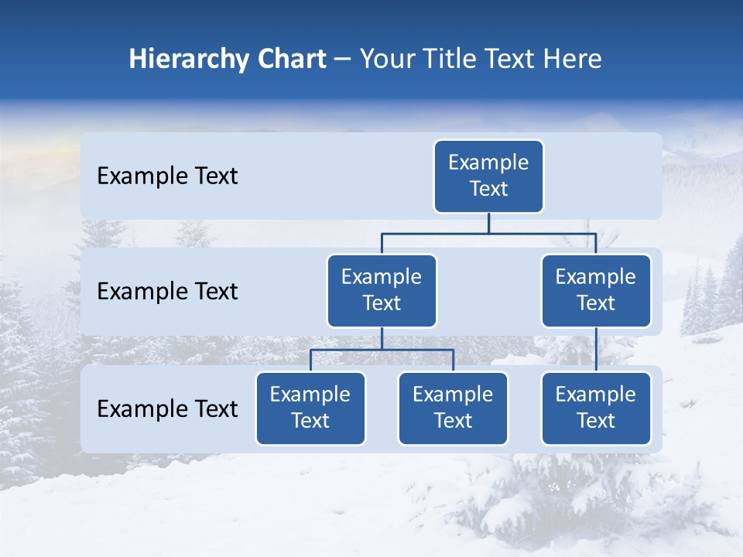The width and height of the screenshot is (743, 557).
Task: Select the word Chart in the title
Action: (x=291, y=60)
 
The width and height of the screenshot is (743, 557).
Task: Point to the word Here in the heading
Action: (x=571, y=60)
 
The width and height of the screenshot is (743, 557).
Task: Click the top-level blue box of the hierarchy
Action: (x=488, y=176)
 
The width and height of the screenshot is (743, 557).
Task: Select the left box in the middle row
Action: (x=382, y=291)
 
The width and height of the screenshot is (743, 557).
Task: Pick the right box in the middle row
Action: (x=596, y=291)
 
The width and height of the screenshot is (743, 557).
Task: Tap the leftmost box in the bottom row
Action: (x=310, y=408)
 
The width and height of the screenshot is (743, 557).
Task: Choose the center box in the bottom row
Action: (x=453, y=408)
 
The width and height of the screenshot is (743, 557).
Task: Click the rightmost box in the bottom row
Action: (x=596, y=408)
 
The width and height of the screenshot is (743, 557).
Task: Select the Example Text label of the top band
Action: (x=167, y=176)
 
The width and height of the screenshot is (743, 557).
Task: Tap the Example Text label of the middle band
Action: (x=167, y=292)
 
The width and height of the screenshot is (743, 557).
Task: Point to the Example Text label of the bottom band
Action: (x=167, y=409)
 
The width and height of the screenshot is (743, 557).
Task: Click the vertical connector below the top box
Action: (x=488, y=223)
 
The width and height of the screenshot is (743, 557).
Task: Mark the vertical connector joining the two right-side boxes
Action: (x=596, y=350)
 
